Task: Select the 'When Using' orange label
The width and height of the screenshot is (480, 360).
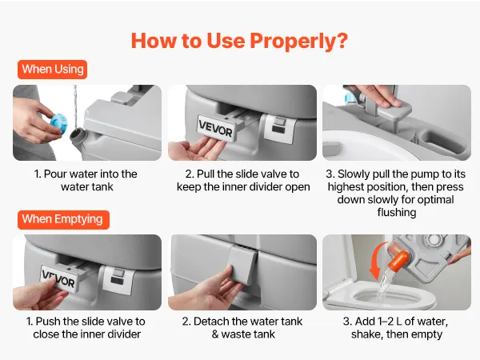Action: tap(52, 70)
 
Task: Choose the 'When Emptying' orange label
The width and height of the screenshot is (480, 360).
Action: tap(63, 219)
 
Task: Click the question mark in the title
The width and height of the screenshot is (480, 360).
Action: tap(342, 41)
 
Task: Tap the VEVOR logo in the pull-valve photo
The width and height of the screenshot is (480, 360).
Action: tap(215, 129)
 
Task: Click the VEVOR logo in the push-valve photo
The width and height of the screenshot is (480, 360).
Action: tap(58, 278)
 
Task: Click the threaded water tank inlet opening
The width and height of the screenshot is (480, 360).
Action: tap(77, 137)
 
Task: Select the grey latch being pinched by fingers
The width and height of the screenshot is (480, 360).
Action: tap(243, 265)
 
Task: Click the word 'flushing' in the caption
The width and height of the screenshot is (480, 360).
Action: tap(397, 213)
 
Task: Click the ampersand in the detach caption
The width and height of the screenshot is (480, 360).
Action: tap(215, 334)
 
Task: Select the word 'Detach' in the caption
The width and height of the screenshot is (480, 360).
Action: tap(211, 322)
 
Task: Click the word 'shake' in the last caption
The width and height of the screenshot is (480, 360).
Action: tap(367, 334)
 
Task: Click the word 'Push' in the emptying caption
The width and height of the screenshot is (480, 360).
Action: tap(48, 322)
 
